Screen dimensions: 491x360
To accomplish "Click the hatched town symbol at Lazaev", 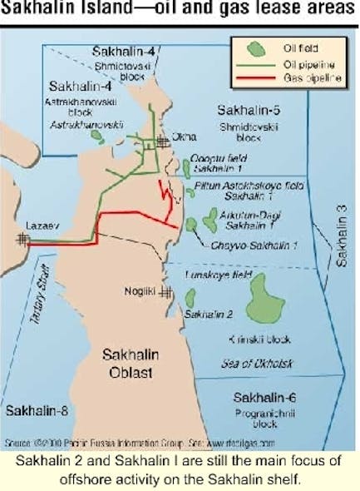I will pos(23,239).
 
